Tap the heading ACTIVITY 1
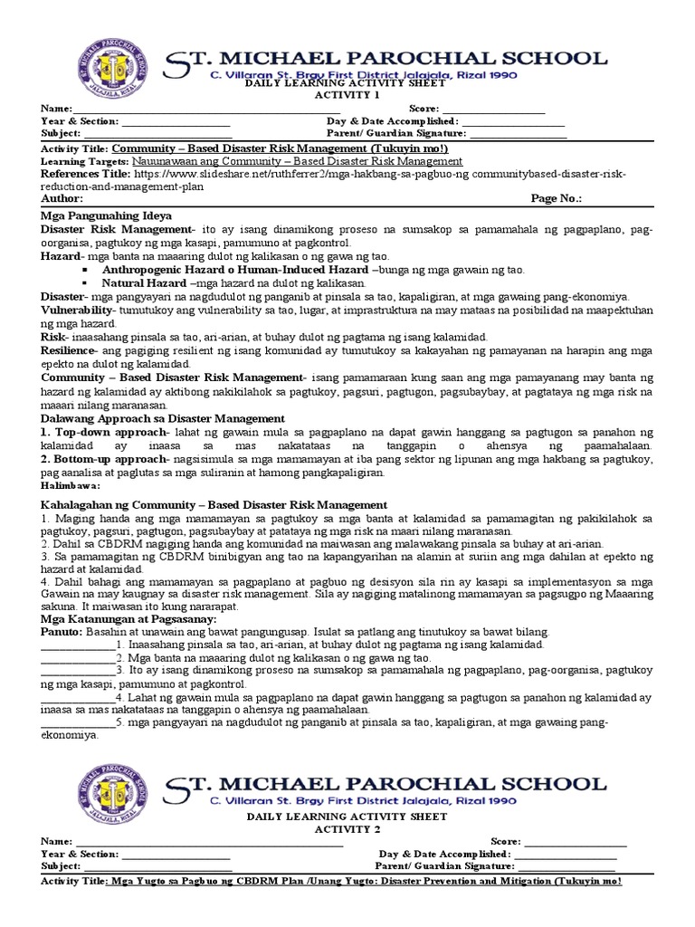pos(347,94)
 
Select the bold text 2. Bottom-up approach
pos(111,459)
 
